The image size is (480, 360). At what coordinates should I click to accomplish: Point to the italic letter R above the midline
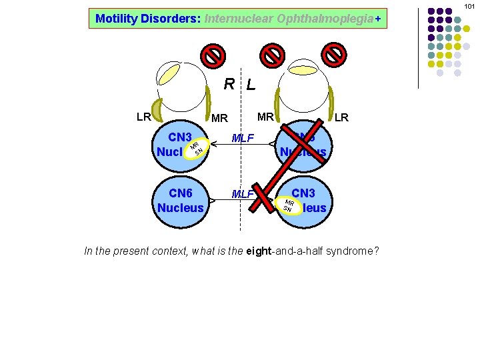(x=229, y=84)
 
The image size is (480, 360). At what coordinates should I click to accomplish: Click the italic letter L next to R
(x=250, y=85)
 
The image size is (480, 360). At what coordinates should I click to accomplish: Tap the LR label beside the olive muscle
(x=143, y=117)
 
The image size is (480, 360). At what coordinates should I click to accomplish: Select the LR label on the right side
(x=341, y=118)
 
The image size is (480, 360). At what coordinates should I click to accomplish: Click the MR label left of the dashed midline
(x=219, y=119)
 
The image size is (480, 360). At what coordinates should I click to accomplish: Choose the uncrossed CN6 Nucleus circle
(x=181, y=200)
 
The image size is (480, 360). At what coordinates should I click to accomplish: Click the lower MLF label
(x=242, y=194)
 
